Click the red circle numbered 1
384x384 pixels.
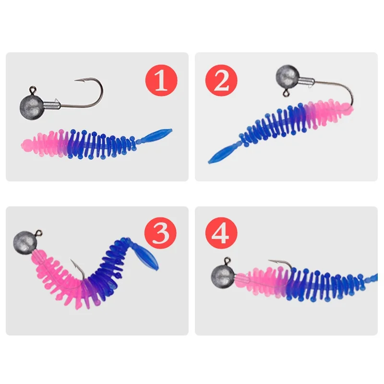point(161,80)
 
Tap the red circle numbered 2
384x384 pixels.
point(222,80)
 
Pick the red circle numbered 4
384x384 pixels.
point(222,234)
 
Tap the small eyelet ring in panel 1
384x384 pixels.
point(33,89)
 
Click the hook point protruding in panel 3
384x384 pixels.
point(72,262)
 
